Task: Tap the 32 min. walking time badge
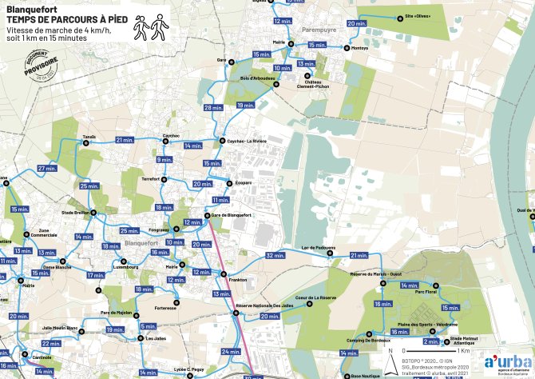[x=275, y=256]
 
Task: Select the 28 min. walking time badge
[x=212, y=108]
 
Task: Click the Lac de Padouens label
[x=318, y=248]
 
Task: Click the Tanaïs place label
[x=89, y=137]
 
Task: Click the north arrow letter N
[x=390, y=350]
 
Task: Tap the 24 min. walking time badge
[x=231, y=352]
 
